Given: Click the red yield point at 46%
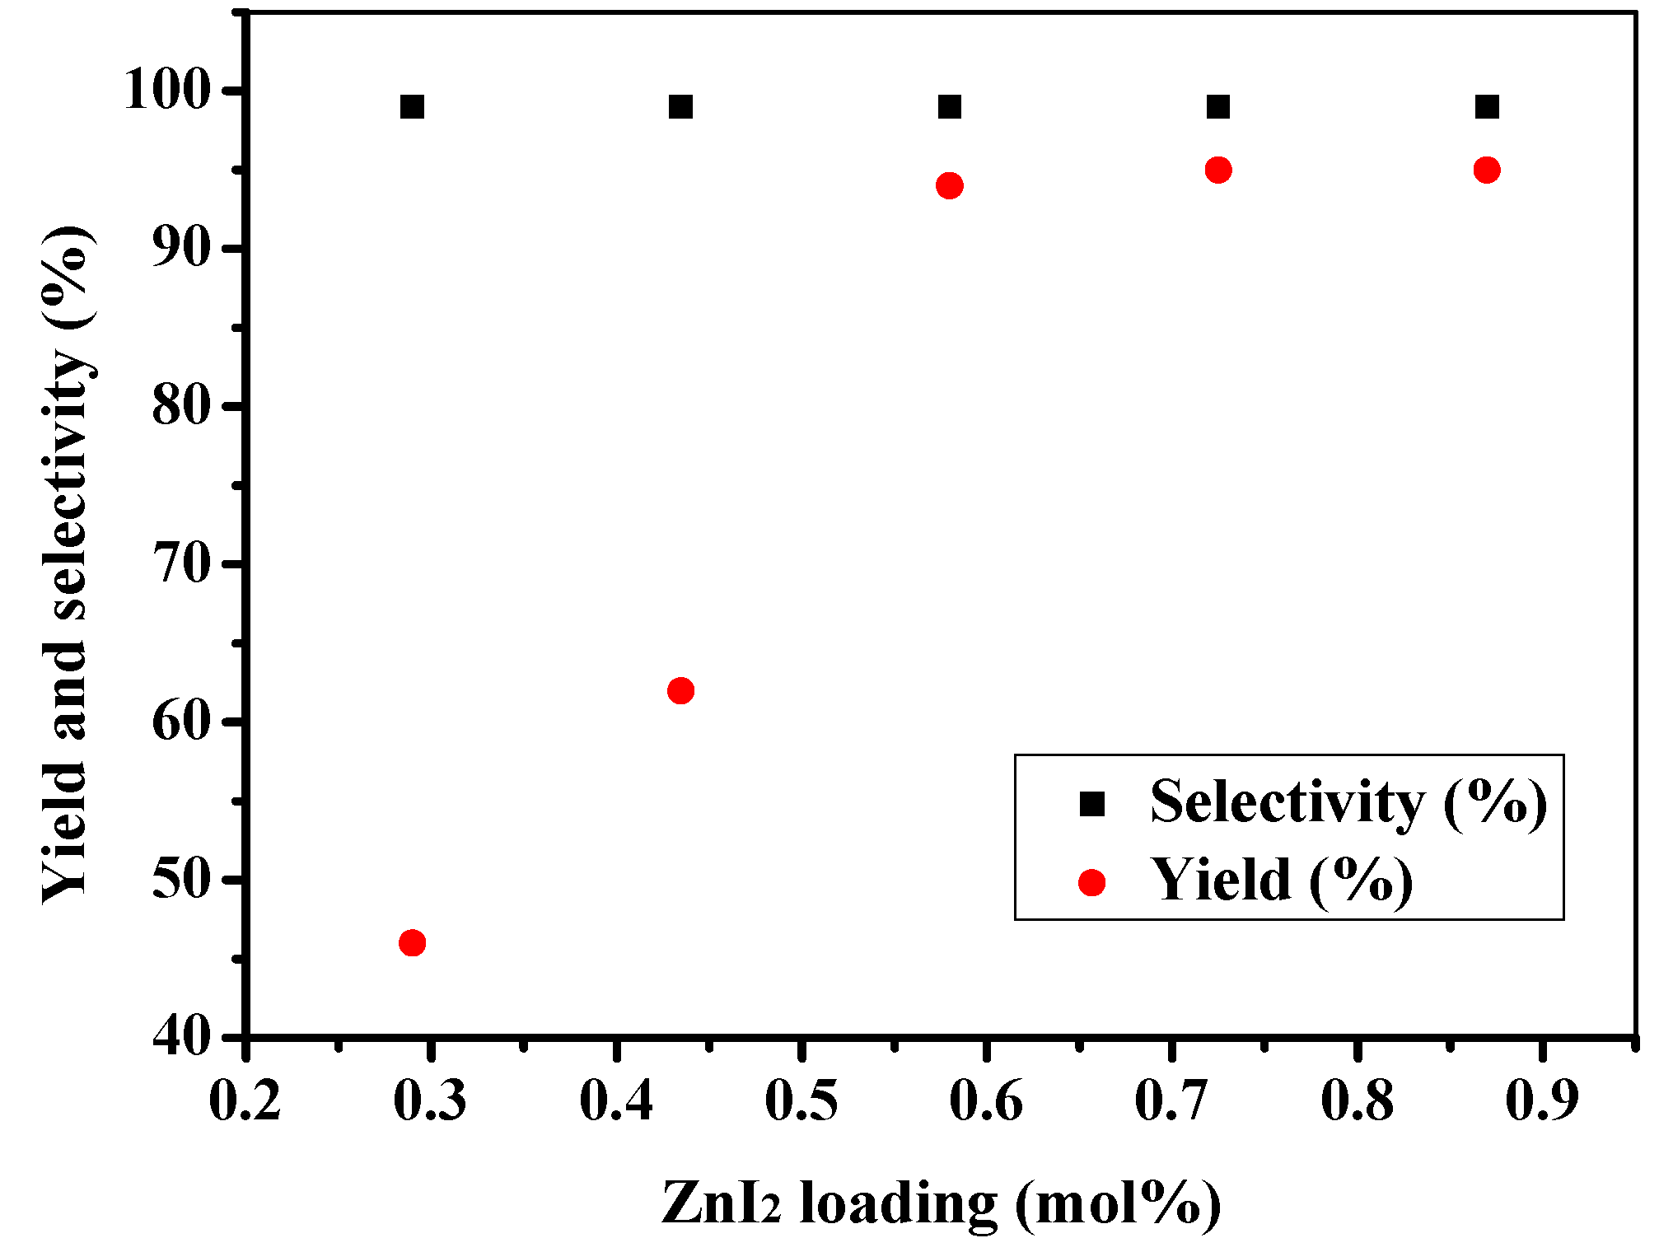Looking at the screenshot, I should click(412, 943).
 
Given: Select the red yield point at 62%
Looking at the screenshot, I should click(680, 690).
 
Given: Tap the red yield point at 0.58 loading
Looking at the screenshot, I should click(949, 185).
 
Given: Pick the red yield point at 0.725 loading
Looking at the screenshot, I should click(1217, 171).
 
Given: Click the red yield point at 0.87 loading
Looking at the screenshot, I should click(1486, 171).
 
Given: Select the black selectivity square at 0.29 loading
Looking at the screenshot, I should click(412, 107).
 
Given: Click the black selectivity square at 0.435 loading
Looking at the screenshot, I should click(680, 107).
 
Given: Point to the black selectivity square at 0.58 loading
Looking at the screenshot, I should click(949, 107).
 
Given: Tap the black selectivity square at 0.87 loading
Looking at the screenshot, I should click(1486, 107).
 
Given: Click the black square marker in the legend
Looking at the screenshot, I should click(1091, 803).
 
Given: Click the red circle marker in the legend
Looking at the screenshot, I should click(1091, 883).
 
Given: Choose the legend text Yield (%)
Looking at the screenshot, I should click(1282, 881).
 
